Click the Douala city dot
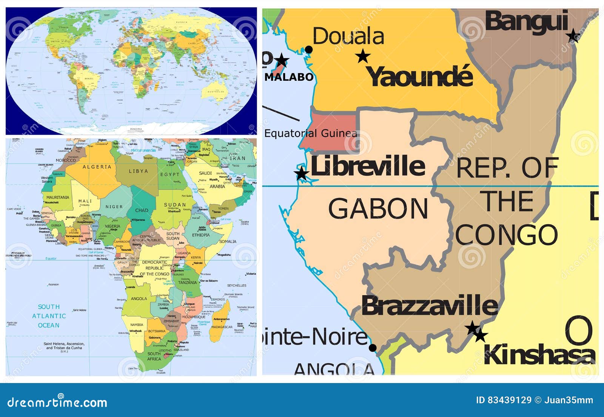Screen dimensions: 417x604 (308, 49)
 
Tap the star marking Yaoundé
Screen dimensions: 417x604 (363, 56)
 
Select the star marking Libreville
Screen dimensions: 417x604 (301, 174)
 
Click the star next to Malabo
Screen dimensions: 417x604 (281, 60)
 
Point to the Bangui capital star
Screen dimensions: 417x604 (573, 36)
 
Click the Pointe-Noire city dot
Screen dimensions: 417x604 (373, 348)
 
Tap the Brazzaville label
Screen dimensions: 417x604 (430, 306)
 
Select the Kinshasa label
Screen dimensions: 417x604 (539, 355)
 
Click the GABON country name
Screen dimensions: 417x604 (378, 209)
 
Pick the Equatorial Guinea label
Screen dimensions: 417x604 (310, 133)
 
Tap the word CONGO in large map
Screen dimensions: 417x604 (506, 235)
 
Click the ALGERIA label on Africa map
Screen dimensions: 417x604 (97, 167)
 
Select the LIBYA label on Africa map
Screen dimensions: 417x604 (138, 171)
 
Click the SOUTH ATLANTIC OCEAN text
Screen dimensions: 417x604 (49, 316)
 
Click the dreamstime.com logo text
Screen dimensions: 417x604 (57, 402)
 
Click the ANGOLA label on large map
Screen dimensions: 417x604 (334, 369)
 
